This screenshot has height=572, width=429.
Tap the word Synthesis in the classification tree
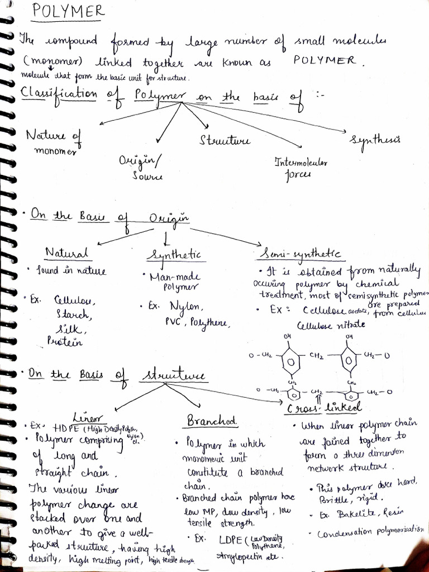point(374,140)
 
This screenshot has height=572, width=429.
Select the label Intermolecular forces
point(301,168)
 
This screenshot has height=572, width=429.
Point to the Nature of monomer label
point(54,142)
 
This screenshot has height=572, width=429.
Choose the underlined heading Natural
point(67,254)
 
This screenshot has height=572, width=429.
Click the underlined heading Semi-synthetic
point(300,254)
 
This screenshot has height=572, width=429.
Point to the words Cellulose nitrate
point(331,325)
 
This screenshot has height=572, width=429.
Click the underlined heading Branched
point(212,420)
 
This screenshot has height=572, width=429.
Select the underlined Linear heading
point(88,417)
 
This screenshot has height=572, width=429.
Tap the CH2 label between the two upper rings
point(317,356)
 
